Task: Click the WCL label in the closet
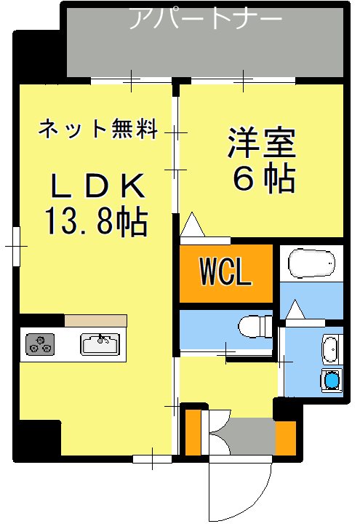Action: point(225,274)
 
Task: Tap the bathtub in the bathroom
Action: point(311,263)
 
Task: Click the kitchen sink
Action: point(100,343)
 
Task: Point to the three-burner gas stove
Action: point(41,344)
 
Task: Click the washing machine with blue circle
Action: point(332,380)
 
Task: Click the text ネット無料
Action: point(97,130)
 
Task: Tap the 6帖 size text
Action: point(263,178)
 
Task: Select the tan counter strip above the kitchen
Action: point(95,321)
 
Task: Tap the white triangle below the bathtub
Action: point(295,311)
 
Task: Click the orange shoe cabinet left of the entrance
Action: point(193,433)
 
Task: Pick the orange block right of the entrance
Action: point(285,437)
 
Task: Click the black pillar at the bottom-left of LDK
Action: point(36,439)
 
